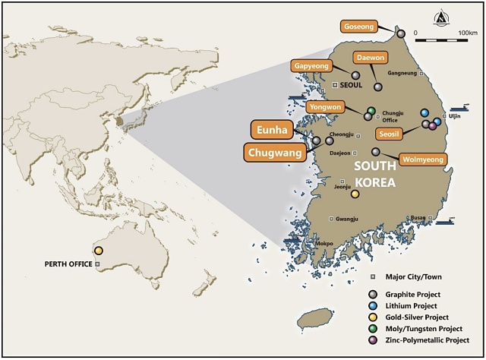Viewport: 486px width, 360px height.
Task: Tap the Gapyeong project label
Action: click(x=311, y=66)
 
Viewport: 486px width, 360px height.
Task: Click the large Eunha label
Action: click(x=271, y=130)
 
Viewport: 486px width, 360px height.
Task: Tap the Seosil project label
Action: click(x=392, y=134)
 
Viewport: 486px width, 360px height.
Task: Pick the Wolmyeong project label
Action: click(x=422, y=159)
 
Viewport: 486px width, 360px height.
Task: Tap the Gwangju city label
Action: click(x=348, y=219)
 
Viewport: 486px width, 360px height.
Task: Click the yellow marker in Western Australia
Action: click(x=99, y=251)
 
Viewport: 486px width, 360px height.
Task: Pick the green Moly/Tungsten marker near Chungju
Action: click(x=371, y=111)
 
